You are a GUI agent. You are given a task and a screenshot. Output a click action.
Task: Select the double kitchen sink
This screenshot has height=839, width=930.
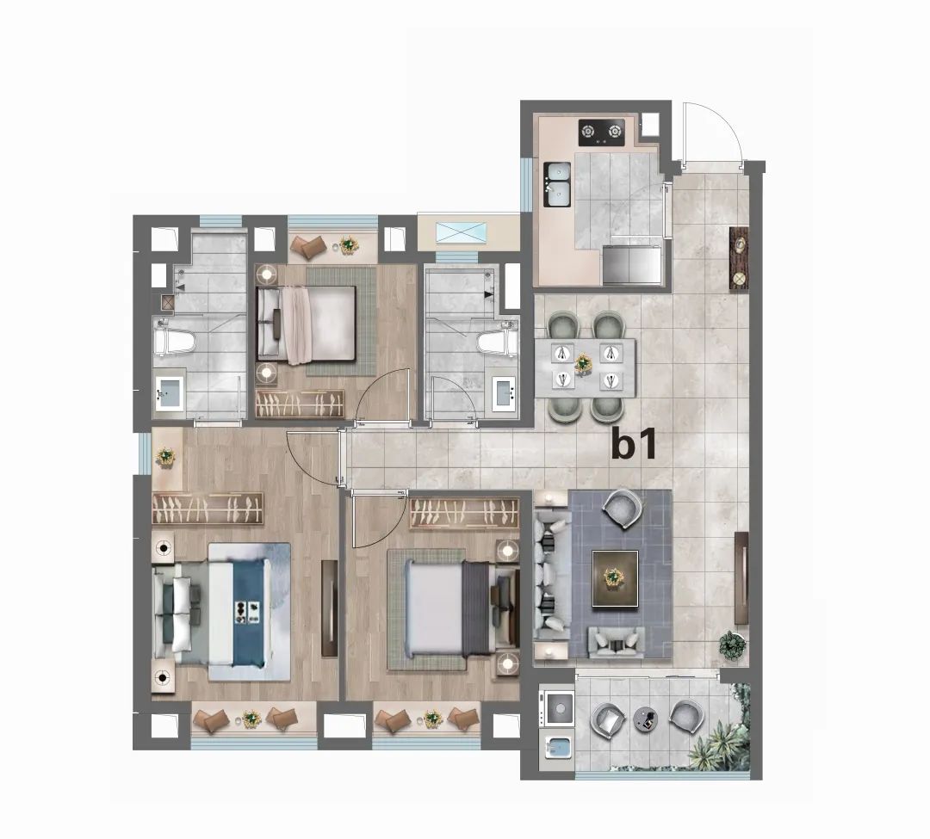pos(557,184)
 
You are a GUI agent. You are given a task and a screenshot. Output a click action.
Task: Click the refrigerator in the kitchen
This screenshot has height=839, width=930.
pos(632,265)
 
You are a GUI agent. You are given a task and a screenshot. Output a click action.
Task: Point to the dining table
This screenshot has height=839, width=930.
pos(585,367)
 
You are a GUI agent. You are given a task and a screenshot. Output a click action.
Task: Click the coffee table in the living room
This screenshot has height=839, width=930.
pos(615,578)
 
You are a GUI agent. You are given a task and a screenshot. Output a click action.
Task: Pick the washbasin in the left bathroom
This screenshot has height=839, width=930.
pos(169,391)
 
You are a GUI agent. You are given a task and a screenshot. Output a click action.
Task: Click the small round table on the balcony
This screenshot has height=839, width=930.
pos(645,719)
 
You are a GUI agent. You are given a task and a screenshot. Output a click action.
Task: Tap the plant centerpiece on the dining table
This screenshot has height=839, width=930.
pos(583,362)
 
